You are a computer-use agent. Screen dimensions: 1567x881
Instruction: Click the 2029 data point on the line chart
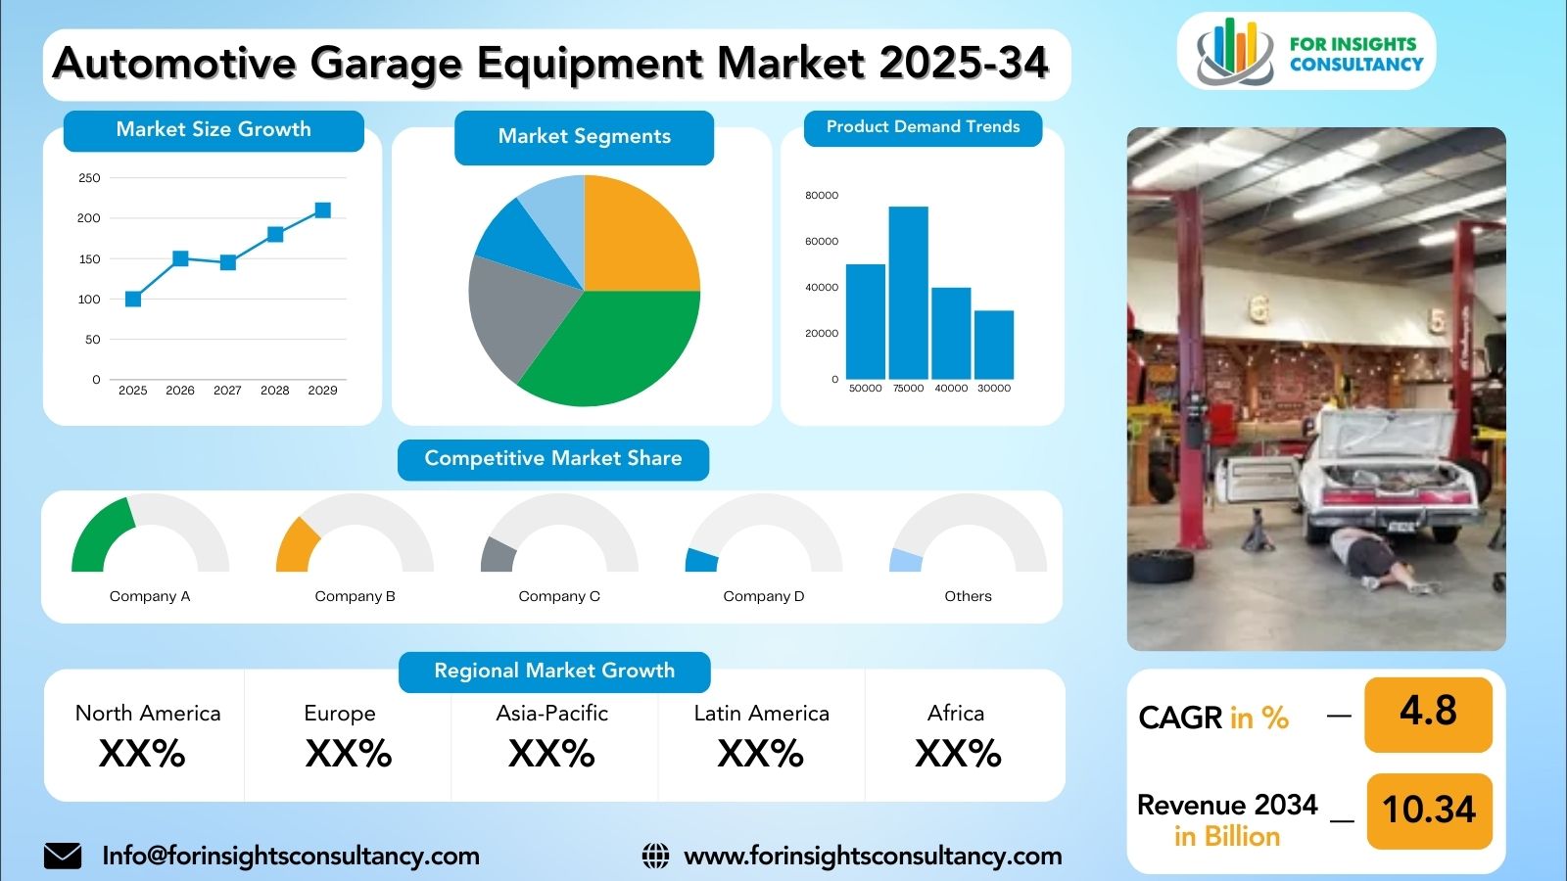[322, 210]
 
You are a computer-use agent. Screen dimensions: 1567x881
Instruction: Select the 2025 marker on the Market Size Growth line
[133, 300]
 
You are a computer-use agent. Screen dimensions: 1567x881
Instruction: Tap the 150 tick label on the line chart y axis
[89, 258]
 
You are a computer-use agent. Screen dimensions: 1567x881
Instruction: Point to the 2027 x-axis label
[227, 391]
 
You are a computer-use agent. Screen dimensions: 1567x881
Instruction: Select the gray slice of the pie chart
[514, 314]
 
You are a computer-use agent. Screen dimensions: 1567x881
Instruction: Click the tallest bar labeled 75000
[908, 293]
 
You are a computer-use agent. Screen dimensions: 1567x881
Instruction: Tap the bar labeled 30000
[994, 345]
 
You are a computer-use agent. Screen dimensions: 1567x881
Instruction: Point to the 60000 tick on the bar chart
[822, 241]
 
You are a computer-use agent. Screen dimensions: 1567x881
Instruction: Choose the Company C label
[559, 596]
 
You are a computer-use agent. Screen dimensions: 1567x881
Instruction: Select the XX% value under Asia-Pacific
[551, 754]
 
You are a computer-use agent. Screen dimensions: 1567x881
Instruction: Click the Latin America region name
[761, 714]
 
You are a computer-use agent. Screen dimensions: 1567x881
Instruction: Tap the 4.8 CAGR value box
[1428, 715]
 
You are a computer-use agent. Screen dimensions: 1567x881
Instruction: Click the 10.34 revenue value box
[1429, 811]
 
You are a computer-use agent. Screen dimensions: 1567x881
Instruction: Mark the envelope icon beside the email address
[63, 856]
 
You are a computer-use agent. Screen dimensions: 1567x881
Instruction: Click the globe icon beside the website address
[655, 856]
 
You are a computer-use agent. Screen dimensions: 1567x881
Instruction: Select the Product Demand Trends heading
[923, 127]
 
